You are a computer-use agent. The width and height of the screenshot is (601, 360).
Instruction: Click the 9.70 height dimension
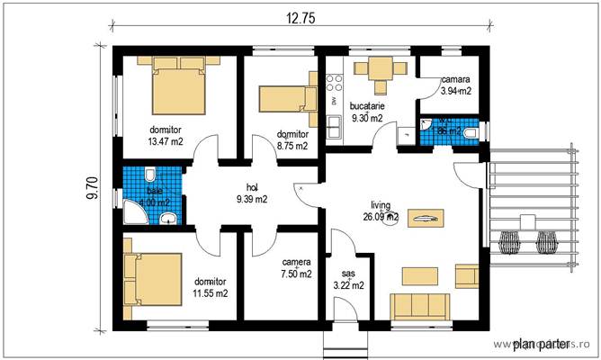click(91, 186)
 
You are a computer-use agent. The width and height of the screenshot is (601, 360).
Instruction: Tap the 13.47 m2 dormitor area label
click(165, 135)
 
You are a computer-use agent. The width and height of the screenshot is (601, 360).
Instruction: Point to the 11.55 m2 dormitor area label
click(210, 286)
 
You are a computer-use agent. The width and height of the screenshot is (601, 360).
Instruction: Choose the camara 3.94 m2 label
click(456, 85)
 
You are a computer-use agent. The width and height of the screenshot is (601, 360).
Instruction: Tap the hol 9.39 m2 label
click(251, 193)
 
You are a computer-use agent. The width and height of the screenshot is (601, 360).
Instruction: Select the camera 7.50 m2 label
click(295, 267)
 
